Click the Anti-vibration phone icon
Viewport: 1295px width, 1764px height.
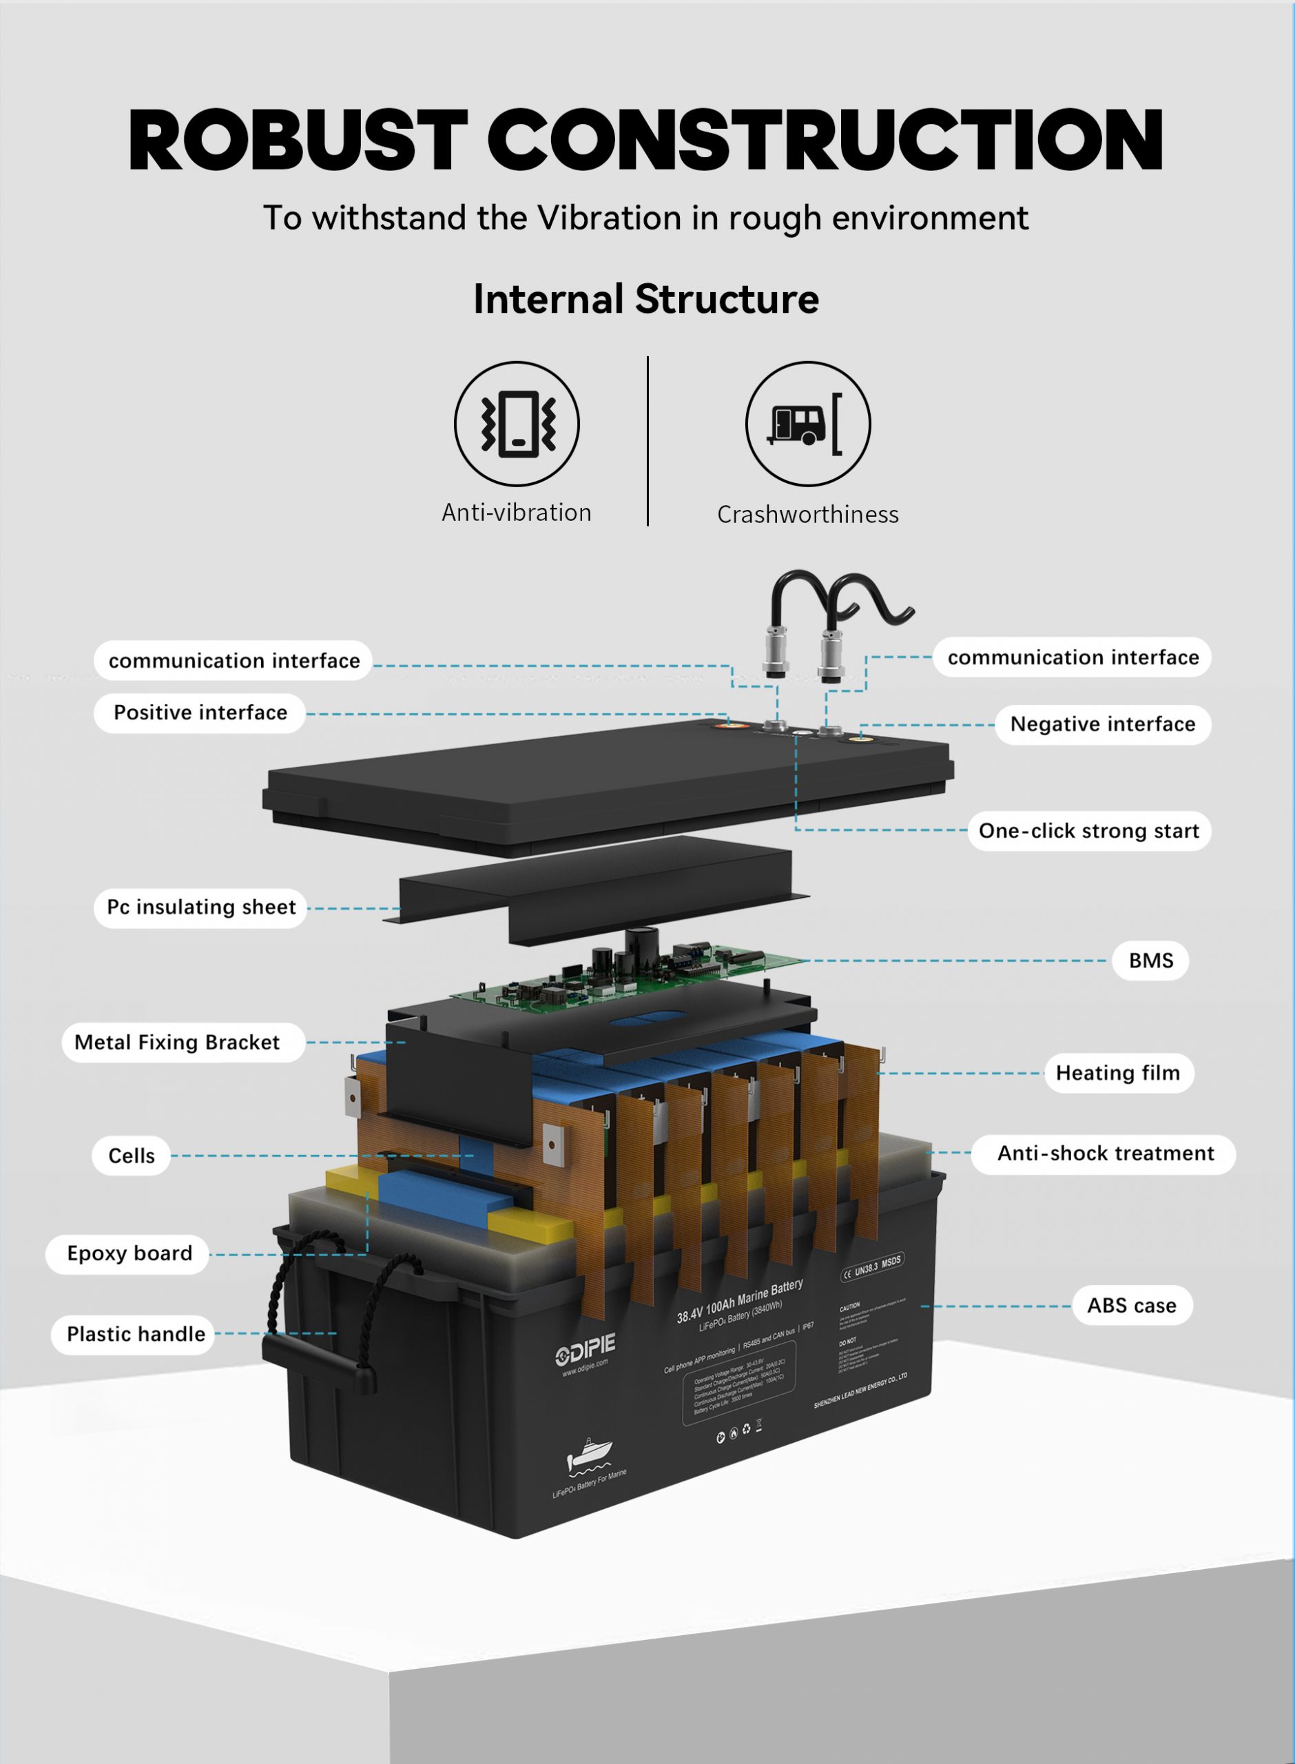coord(517,423)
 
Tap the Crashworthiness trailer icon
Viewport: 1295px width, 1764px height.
coord(807,423)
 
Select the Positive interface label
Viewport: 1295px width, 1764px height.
coord(200,712)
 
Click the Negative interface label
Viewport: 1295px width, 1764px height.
coord(1102,724)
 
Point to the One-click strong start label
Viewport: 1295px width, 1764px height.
coord(1088,830)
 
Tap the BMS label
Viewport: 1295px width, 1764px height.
coord(1150,961)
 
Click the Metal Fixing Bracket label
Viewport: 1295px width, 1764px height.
coord(177,1042)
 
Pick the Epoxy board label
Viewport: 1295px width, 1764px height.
coord(129,1253)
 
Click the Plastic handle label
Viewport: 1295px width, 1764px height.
coord(136,1333)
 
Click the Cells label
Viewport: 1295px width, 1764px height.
coord(132,1156)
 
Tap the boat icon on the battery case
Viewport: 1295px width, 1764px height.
coord(589,1455)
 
